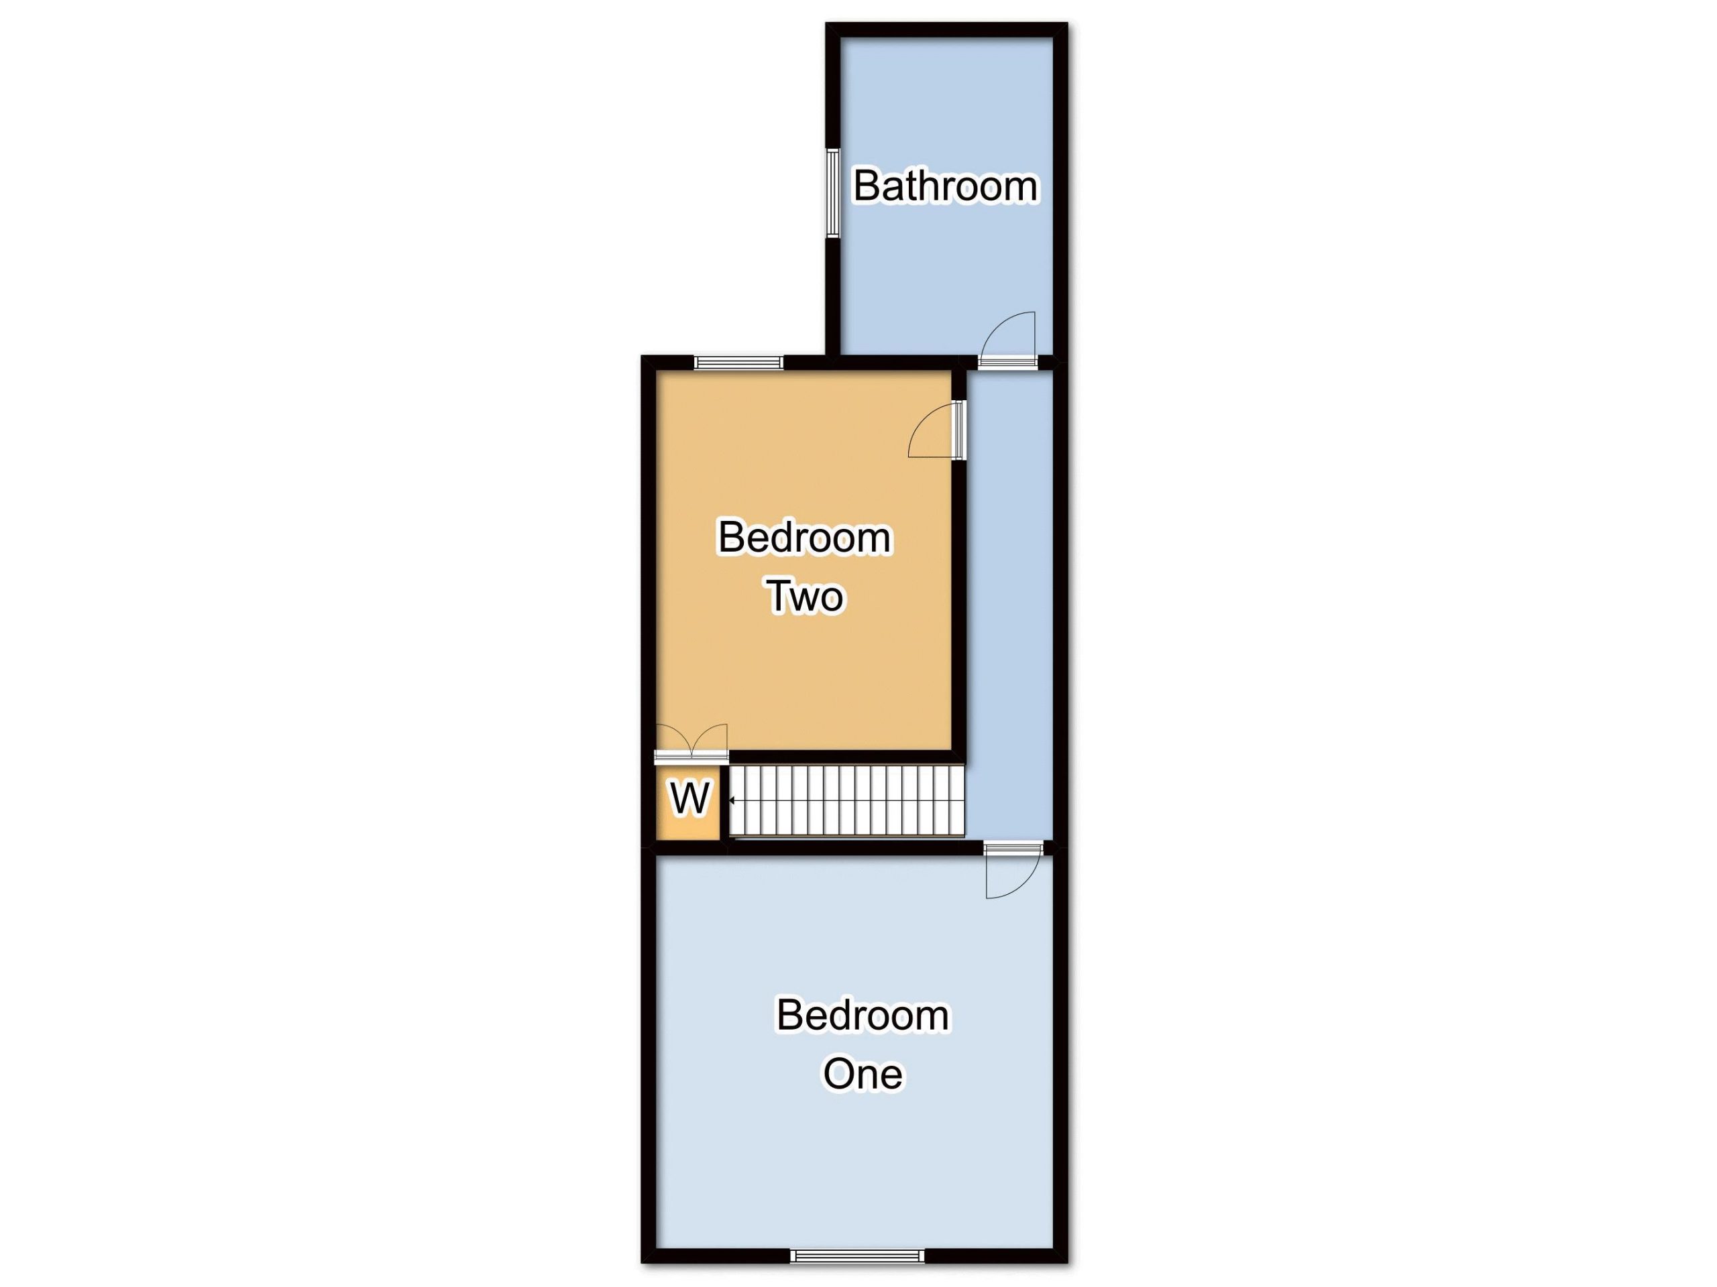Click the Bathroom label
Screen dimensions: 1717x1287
[946, 186]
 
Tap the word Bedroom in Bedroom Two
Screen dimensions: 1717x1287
[805, 538]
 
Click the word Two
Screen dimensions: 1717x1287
[806, 597]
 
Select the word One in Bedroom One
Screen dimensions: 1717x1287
[863, 1075]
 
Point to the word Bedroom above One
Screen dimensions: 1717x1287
[863, 1016]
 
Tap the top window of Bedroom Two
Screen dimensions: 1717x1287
[738, 362]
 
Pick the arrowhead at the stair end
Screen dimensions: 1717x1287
[732, 800]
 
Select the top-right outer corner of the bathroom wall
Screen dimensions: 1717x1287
[1068, 23]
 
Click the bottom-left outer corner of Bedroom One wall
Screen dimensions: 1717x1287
[641, 1264]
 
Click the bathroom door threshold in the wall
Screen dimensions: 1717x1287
[1007, 361]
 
